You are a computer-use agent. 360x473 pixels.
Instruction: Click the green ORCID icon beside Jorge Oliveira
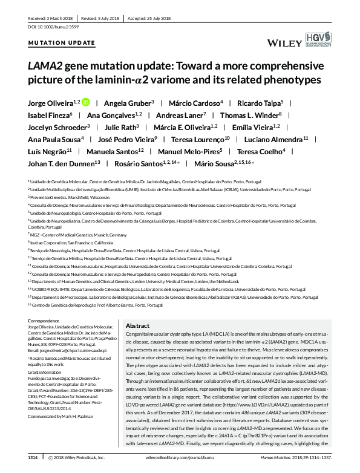tap(86, 102)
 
